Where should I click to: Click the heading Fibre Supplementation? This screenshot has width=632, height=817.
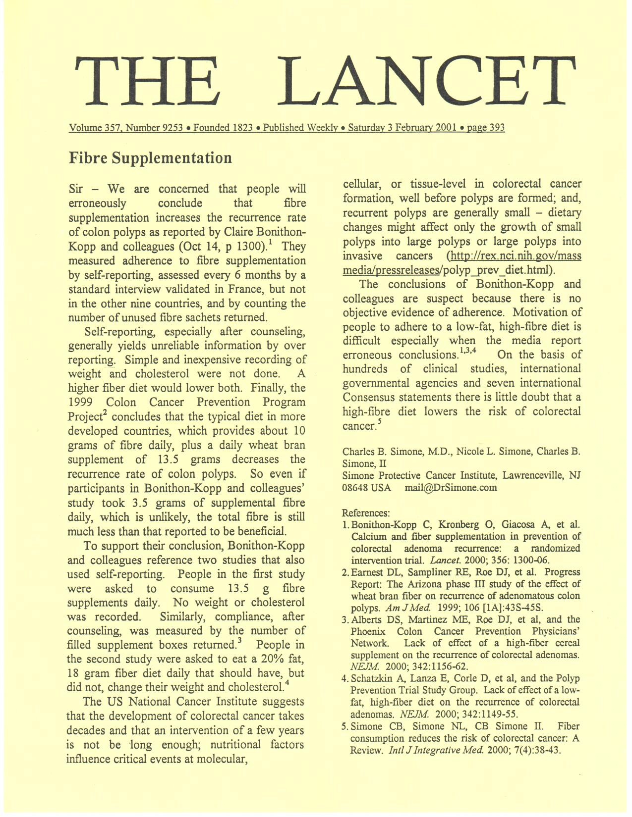click(150, 158)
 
